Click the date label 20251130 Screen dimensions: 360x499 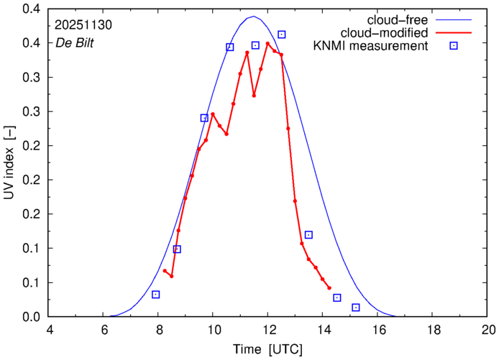click(82, 24)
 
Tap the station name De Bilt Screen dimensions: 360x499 click(75, 43)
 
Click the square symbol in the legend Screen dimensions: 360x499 click(454, 47)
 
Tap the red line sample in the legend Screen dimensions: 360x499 click(454, 33)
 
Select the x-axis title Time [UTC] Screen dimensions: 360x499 click(267, 350)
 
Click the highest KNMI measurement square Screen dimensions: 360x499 click(282, 34)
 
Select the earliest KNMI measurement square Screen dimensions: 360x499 click(156, 295)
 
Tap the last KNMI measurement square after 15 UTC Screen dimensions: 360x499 click(356, 308)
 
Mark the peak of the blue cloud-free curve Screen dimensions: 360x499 click(253, 17)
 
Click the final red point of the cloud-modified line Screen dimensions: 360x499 click(329, 287)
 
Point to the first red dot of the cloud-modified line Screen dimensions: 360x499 click(165, 271)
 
